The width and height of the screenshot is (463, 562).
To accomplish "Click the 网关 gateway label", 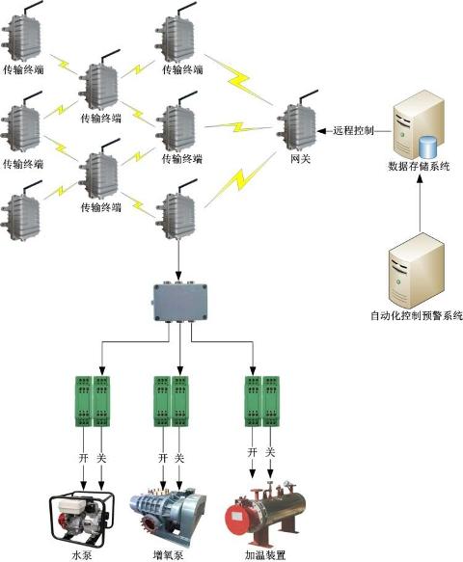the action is click(x=300, y=158).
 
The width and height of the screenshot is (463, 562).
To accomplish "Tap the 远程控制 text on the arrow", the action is click(x=354, y=130).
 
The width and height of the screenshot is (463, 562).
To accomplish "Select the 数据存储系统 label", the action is click(x=419, y=167).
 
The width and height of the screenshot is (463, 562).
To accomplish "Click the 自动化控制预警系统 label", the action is click(x=417, y=316).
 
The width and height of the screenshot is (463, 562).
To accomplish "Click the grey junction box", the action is click(x=180, y=302).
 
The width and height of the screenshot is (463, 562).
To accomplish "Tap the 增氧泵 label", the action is click(x=168, y=555).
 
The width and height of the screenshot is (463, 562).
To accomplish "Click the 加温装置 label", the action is click(x=265, y=555).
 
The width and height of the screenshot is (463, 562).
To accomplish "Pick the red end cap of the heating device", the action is click(x=237, y=517).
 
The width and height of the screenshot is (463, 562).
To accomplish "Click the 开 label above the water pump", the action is click(x=83, y=458).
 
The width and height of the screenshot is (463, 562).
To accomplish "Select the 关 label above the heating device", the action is click(x=270, y=452).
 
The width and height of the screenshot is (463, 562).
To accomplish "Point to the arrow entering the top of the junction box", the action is click(x=178, y=260).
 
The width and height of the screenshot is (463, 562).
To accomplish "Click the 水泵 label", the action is click(x=82, y=555).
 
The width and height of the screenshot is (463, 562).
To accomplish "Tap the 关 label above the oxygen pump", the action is click(x=179, y=458).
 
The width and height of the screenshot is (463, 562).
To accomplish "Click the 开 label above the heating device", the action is click(x=253, y=452).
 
